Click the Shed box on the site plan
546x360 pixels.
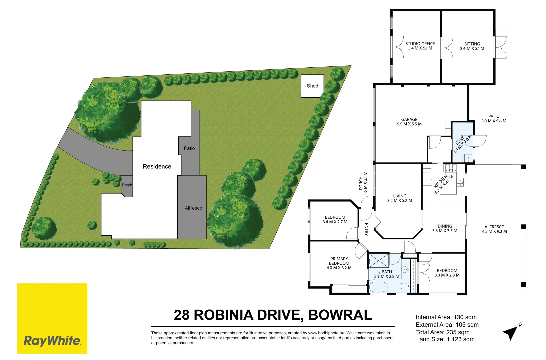pyautogui.click(x=312, y=86)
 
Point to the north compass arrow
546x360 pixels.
pyautogui.click(x=511, y=332)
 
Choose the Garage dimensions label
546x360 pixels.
pyautogui.click(x=409, y=124)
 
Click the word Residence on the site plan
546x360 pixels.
pyautogui.click(x=157, y=166)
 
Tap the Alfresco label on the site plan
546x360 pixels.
pyautogui.click(x=193, y=208)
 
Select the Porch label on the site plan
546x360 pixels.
pyautogui.click(x=127, y=185)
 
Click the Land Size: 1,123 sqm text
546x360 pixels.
pyautogui.click(x=445, y=339)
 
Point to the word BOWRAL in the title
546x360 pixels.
pyautogui.click(x=340, y=315)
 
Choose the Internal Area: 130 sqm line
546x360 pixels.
pyautogui.click(x=446, y=317)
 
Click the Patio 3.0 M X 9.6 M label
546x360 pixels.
pyautogui.click(x=494, y=119)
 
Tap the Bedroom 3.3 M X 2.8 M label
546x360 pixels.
pyautogui.click(x=447, y=273)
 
